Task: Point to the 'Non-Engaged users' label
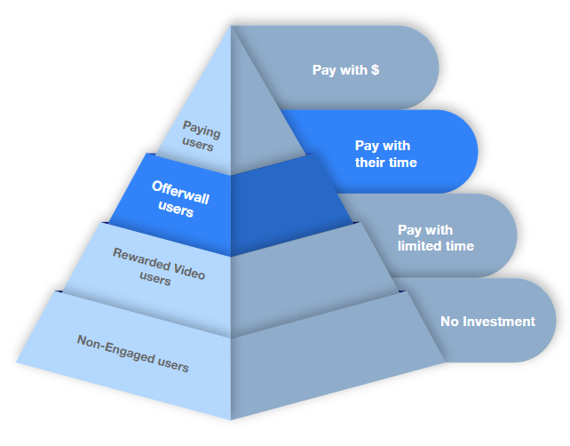click(132, 352)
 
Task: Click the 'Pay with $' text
click(345, 69)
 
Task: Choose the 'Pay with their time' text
click(385, 154)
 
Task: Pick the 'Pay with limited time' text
click(435, 238)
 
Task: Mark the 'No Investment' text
click(487, 322)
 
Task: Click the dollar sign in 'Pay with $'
click(376, 69)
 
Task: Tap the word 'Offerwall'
click(180, 189)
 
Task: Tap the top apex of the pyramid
click(232, 25)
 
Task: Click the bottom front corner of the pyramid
click(231, 418)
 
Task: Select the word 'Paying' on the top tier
click(201, 129)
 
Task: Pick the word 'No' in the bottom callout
click(449, 322)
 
